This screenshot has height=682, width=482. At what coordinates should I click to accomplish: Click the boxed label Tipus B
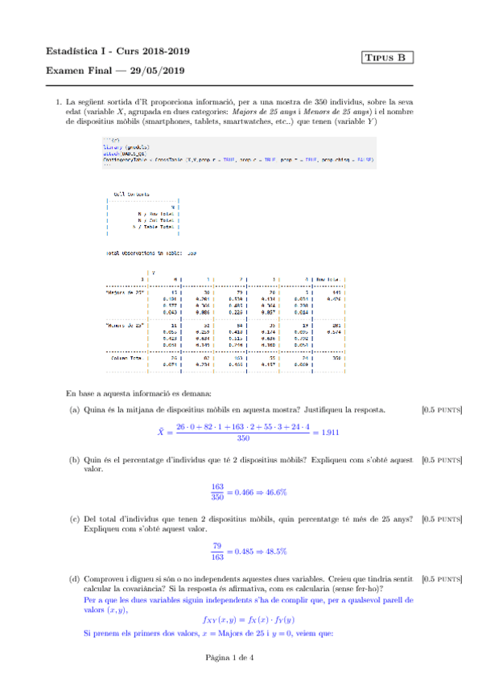click(389, 57)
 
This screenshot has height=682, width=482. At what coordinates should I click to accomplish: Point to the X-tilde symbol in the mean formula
click(161, 432)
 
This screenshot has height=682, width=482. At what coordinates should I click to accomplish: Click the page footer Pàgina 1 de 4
click(241, 657)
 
